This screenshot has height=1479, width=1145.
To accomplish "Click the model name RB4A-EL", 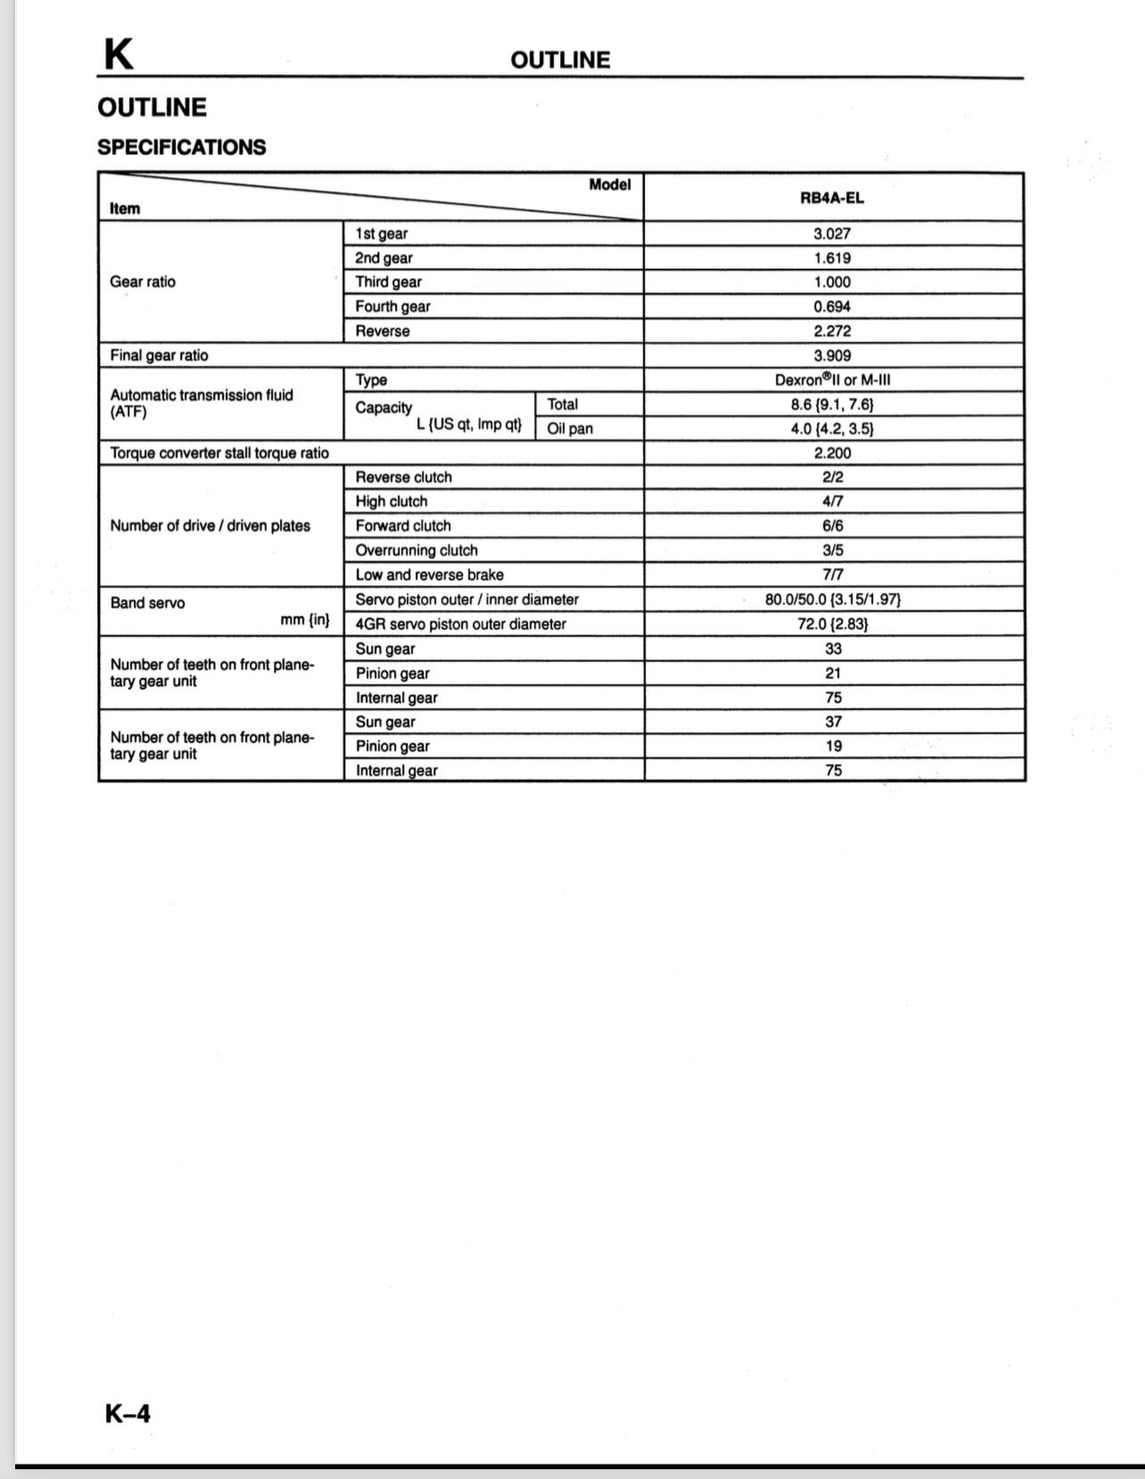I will (831, 198).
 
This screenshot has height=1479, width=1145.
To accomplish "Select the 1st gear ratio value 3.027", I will (832, 234).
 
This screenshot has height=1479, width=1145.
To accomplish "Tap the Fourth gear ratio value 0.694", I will (832, 307).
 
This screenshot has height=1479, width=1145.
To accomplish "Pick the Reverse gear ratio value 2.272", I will (832, 331).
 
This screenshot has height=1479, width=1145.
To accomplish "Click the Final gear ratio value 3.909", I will (832, 355).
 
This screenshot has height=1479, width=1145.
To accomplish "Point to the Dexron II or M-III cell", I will (832, 380).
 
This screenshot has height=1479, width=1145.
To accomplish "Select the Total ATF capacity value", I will (832, 404).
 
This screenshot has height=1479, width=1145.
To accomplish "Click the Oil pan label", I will (570, 429).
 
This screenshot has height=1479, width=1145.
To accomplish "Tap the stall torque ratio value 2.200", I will (832, 453).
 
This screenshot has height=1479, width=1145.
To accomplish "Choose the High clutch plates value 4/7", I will (832, 502).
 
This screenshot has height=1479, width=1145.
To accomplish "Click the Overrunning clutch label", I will (416, 550).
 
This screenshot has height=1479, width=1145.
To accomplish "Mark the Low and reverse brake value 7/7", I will (832, 575).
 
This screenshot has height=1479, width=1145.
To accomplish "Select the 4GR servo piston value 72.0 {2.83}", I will (832, 624).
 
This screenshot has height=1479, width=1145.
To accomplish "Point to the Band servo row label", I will (148, 604).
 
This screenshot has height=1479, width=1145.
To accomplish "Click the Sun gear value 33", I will (833, 649).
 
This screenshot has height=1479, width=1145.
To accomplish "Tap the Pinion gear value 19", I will (833, 746).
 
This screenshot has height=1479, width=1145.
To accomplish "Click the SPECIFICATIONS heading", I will (182, 147).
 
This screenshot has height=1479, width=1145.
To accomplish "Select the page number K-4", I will (128, 1413).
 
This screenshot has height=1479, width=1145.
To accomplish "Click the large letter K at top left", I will (119, 55).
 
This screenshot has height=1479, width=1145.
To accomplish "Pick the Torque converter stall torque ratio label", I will (219, 453).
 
